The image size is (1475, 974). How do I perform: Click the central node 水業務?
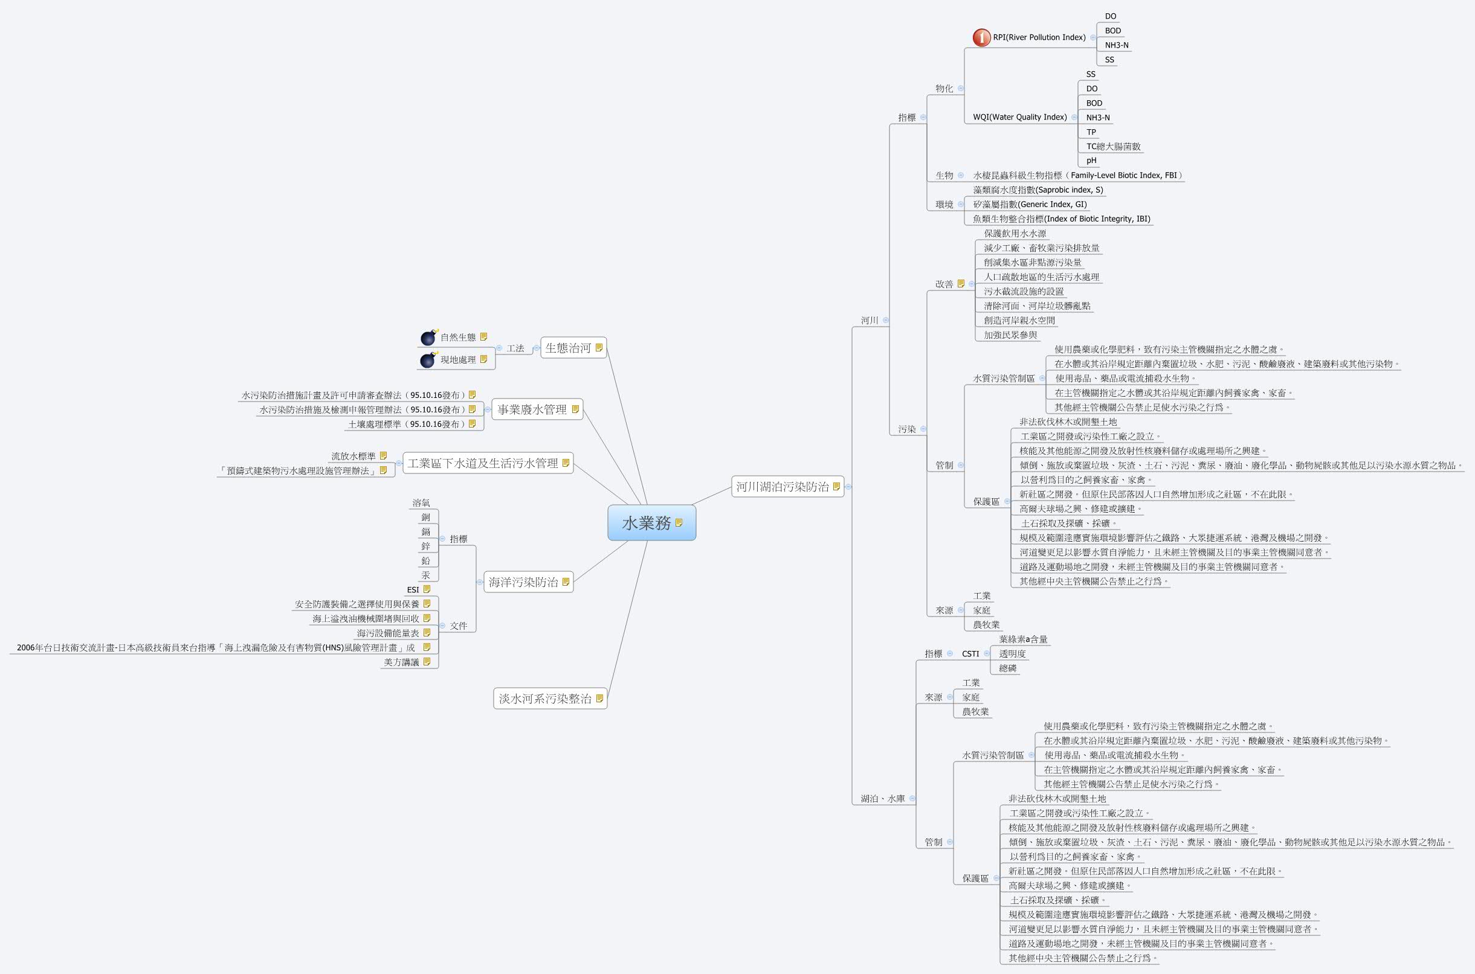click(x=647, y=523)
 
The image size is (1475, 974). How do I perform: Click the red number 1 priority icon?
click(x=981, y=38)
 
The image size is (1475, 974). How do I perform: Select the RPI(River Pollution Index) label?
click(x=1039, y=37)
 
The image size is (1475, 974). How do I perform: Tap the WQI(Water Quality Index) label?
click(x=1019, y=117)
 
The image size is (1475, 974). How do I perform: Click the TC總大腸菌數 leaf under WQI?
click(x=1112, y=147)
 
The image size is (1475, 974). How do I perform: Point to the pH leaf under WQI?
click(x=1091, y=160)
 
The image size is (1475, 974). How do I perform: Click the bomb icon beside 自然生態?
click(x=428, y=338)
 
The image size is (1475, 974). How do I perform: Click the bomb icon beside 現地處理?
click(x=428, y=360)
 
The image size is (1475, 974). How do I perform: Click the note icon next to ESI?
click(x=427, y=589)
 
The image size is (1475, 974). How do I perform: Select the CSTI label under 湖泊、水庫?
click(x=970, y=653)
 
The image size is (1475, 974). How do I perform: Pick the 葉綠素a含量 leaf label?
click(x=1023, y=639)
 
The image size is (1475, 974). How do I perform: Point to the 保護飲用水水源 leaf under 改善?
click(x=1015, y=234)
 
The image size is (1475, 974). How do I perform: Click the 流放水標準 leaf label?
click(x=353, y=457)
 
